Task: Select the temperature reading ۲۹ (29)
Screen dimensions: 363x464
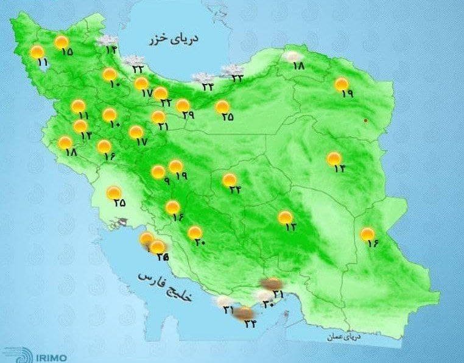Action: coord(188,115)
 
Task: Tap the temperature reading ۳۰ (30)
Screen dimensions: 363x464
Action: coord(267,297)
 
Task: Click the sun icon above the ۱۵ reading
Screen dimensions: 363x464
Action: coord(61,42)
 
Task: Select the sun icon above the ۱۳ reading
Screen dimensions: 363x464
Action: coord(284,217)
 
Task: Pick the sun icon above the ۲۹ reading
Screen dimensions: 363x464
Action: coord(183,105)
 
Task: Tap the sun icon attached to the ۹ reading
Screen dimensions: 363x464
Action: coord(158,172)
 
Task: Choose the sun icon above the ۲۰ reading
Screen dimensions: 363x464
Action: coord(195,232)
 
